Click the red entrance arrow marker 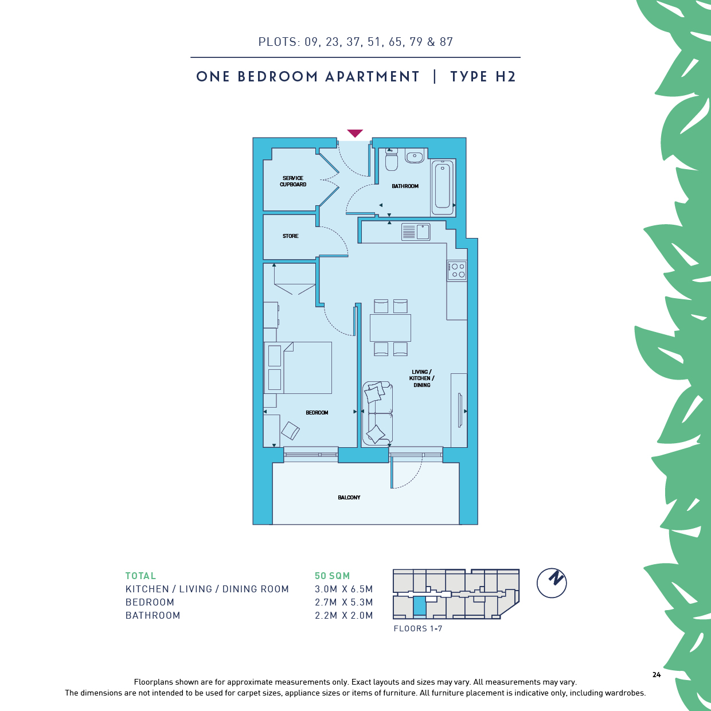click(355, 133)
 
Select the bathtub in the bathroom click(443, 187)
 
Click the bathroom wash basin click(415, 156)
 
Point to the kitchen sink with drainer click(416, 232)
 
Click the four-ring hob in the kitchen click(457, 271)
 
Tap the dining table click(390, 327)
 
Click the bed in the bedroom click(298, 368)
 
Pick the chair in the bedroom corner click(290, 431)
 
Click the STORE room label click(290, 236)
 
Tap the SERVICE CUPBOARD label click(293, 181)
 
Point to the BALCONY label click(349, 497)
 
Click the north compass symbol click(552, 583)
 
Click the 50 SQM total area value click(332, 576)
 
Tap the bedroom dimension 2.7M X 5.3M click(344, 602)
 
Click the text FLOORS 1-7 click(417, 628)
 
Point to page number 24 click(657, 674)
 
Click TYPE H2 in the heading click(483, 76)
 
